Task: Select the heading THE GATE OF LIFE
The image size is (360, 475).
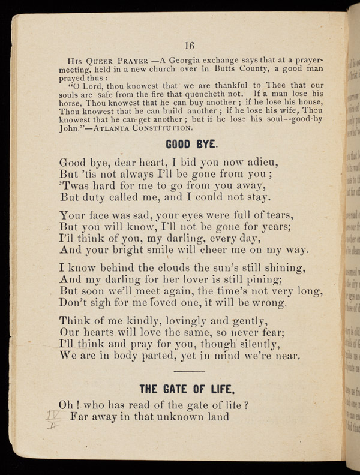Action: coord(190,387)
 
